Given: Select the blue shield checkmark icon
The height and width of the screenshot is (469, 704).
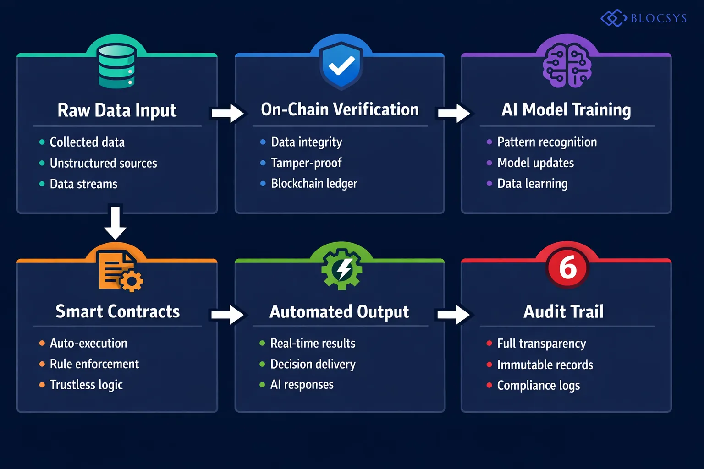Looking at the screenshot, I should click(341, 66).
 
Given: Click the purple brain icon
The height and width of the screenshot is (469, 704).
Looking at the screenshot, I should click(567, 67).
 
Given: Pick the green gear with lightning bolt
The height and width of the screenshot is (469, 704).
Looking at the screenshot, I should click(342, 269).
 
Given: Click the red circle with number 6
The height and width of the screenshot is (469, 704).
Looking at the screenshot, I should click(567, 267).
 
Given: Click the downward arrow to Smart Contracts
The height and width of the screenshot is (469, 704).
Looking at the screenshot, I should click(115, 223).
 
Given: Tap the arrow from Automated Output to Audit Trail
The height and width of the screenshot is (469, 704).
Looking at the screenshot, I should click(453, 315).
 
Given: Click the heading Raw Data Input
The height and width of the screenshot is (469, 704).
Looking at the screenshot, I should click(117, 110).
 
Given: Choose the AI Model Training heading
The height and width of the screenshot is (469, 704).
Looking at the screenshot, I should click(566, 110).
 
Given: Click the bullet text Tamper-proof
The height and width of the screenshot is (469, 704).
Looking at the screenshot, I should click(306, 163).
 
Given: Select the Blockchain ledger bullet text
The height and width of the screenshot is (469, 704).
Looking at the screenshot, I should click(314, 184).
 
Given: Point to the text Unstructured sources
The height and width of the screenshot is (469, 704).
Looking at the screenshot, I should click(103, 164).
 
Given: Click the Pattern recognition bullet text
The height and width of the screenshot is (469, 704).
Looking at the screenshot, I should click(547, 142).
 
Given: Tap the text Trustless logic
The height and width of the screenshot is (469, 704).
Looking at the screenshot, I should click(86, 385).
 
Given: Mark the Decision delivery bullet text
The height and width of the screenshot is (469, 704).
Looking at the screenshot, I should click(313, 365).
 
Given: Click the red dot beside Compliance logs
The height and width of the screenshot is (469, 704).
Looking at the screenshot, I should click(489, 385).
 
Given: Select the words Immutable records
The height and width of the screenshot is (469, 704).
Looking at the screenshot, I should click(545, 365).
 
